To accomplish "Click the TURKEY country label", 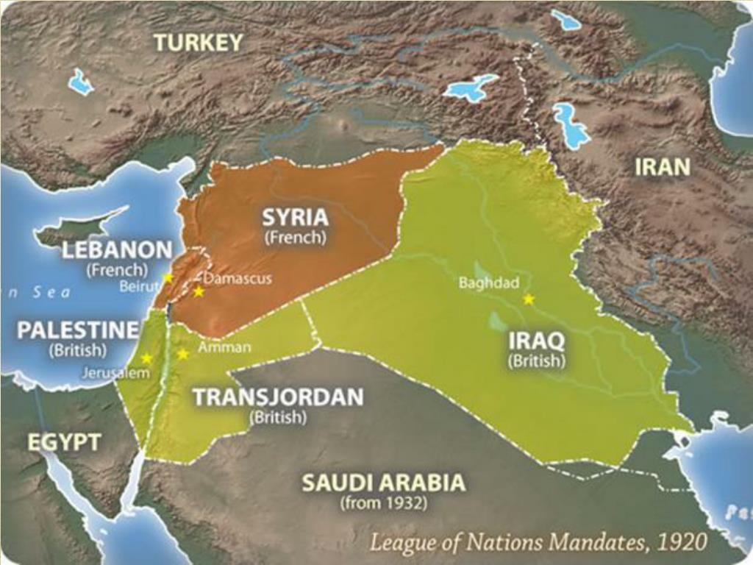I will [198, 43].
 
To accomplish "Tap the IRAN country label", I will [663, 167].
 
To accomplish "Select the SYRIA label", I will [296, 218].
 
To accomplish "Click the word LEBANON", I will [117, 250].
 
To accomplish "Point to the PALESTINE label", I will [77, 330].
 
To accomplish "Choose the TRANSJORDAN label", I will [277, 397].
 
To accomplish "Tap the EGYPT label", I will [64, 442].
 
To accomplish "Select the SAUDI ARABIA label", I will [383, 483].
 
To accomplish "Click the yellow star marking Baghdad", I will [528, 299].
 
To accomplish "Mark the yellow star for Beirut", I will [168, 278].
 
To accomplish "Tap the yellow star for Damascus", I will [199, 291].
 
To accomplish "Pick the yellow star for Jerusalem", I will [146, 358].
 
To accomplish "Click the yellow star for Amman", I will [183, 354].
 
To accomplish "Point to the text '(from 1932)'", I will [382, 504].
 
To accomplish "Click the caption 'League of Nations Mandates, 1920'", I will [538, 543].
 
